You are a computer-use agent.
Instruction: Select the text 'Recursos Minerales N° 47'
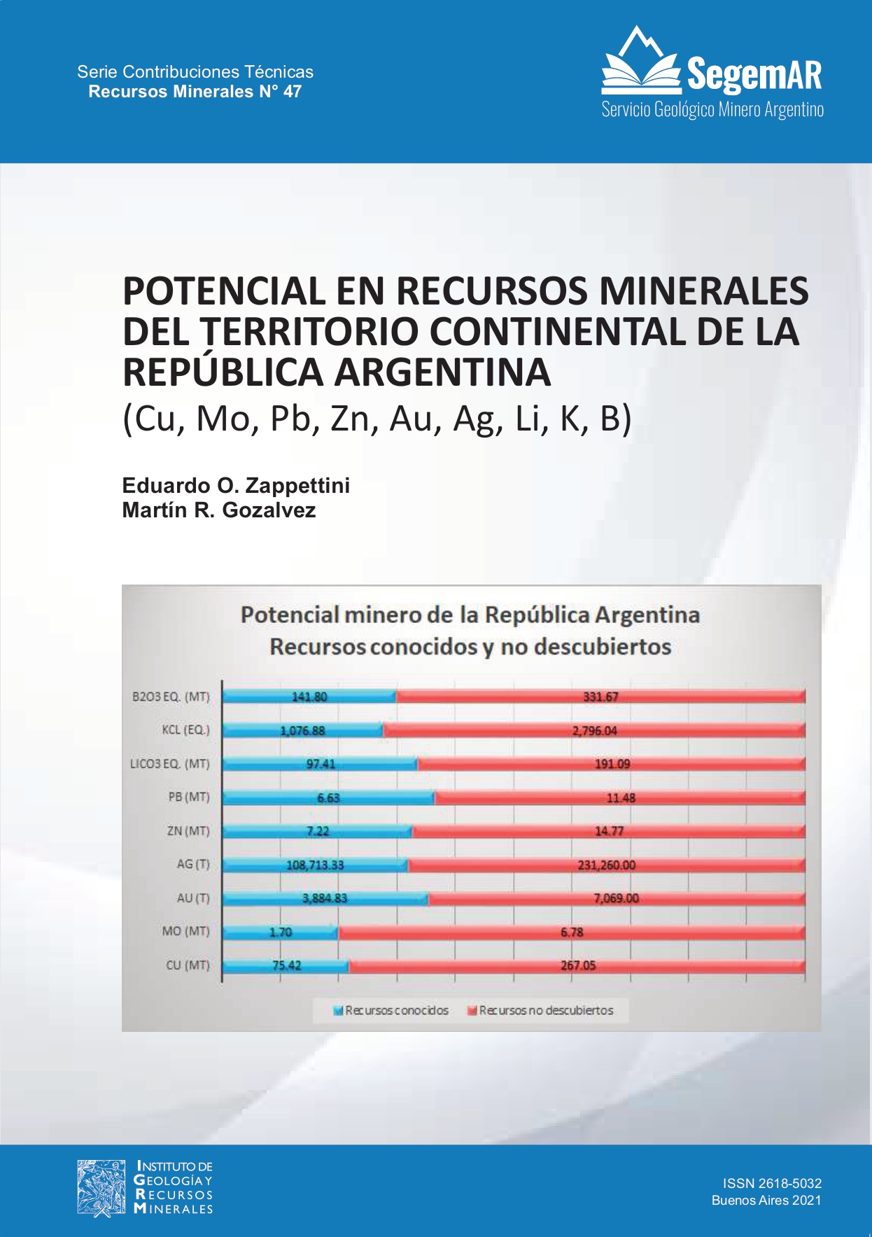click(195, 92)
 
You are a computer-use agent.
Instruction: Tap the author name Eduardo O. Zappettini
click(236, 485)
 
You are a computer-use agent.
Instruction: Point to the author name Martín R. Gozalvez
click(218, 510)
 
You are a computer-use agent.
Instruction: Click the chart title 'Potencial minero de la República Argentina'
click(470, 615)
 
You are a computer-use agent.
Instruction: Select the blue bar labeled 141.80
click(309, 697)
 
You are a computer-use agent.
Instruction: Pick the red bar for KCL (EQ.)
click(594, 730)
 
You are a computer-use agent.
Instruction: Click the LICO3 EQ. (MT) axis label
click(169, 764)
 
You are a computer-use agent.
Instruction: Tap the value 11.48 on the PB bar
click(620, 797)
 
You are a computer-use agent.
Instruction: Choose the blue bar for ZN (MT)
click(318, 831)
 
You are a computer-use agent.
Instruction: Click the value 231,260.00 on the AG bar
click(606, 865)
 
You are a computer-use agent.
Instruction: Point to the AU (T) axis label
click(192, 898)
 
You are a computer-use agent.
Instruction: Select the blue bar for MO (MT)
click(280, 932)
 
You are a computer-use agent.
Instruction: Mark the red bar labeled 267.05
click(577, 965)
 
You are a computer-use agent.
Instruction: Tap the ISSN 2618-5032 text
click(771, 1183)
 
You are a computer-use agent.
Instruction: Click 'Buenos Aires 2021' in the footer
click(766, 1200)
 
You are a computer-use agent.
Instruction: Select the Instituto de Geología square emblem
click(102, 1187)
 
